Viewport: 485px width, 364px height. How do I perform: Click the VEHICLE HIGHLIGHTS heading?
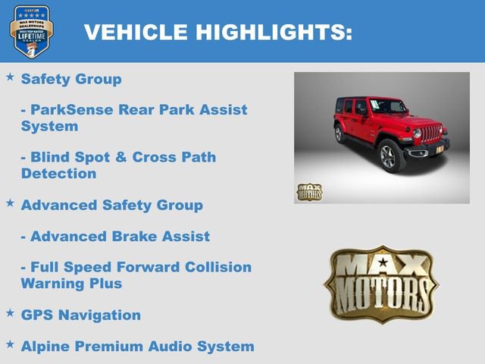(x=217, y=32)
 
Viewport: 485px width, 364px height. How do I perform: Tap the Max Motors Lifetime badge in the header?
(x=31, y=31)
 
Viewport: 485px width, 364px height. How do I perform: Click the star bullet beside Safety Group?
(x=10, y=77)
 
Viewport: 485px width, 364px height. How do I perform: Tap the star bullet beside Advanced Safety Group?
(x=10, y=203)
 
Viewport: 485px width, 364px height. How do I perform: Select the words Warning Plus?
(x=71, y=284)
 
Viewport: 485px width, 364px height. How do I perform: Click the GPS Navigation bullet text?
(x=81, y=315)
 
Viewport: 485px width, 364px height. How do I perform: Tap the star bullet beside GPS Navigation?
(x=10, y=312)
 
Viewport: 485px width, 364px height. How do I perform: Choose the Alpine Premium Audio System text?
(x=137, y=347)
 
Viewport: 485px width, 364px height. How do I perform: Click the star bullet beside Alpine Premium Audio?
(x=10, y=344)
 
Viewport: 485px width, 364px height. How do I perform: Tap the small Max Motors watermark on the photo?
(x=309, y=192)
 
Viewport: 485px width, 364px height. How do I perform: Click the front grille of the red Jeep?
(x=430, y=134)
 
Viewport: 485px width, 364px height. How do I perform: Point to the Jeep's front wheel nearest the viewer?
(x=391, y=155)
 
